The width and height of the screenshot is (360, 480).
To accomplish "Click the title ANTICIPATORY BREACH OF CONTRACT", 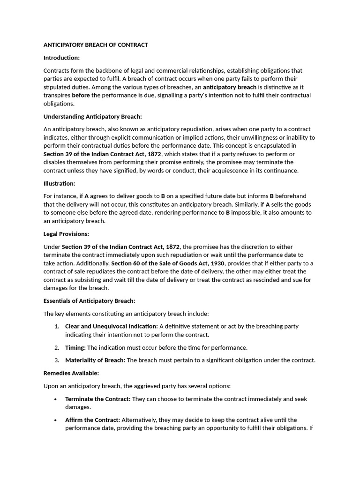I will (x=96, y=45).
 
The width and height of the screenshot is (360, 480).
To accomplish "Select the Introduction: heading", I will (x=61, y=58).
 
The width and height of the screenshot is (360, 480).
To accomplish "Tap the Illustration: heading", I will (x=59, y=183).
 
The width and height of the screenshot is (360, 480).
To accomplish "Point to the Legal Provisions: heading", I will (x=66, y=234).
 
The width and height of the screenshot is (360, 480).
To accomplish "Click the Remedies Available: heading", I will (x=71, y=373).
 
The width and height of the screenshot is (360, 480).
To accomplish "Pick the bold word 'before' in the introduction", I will (x=81, y=95).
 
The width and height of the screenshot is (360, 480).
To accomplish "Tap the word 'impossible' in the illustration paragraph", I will (x=248, y=213).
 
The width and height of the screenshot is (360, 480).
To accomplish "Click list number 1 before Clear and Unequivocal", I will (x=56, y=326).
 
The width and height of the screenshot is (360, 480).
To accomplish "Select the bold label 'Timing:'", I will (x=75, y=347).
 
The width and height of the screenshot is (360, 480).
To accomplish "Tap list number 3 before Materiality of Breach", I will (x=56, y=360).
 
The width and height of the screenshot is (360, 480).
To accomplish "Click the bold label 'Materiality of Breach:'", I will (x=95, y=360).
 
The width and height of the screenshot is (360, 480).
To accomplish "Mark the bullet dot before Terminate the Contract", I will (x=56, y=399).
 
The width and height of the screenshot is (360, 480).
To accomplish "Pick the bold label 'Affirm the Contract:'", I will (x=93, y=420).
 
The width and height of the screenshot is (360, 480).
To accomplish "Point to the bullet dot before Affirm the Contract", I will (x=56, y=420).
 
